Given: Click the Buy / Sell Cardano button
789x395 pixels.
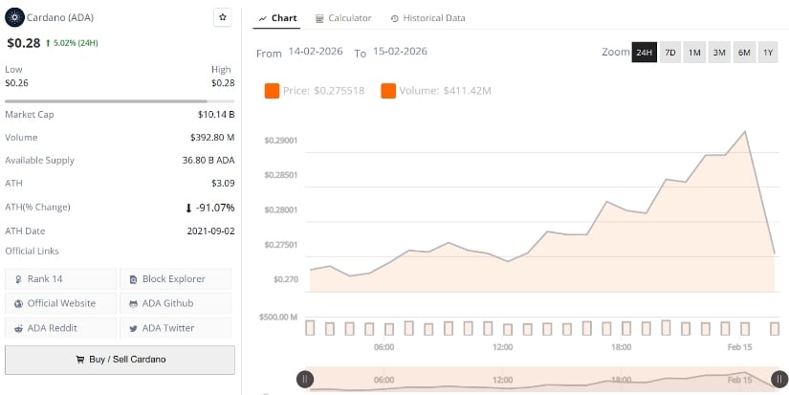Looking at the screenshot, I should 120,360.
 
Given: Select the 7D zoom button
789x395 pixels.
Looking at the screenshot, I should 669,53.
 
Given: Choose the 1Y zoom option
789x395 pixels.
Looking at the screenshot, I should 768,53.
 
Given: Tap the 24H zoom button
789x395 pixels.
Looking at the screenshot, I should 644,53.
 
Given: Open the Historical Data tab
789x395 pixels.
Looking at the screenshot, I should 428,18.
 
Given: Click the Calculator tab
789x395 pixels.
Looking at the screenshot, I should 343,18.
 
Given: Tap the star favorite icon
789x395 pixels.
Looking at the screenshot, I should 222,17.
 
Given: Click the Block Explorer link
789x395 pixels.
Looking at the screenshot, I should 176,279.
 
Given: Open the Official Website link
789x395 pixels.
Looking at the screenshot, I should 60,303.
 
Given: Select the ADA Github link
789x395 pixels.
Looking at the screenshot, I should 176,303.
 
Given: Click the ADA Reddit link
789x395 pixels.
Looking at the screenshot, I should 60,328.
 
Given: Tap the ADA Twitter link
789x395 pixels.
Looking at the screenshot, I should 176,328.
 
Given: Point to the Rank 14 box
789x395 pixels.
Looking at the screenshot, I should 60,279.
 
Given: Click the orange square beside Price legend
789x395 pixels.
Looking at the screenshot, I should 272,91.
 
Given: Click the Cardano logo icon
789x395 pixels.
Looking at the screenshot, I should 14,17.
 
